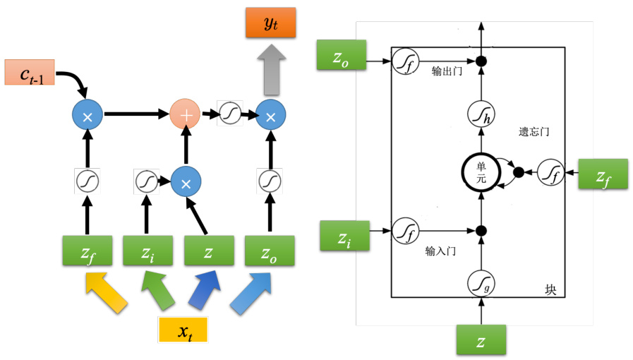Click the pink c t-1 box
pos(29,72)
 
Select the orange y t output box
pos(271,25)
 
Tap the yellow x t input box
pos(182,330)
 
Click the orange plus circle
pos(186,114)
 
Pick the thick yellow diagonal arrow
pos(106,293)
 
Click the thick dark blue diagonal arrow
pos(202,293)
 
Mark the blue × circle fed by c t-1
pos(88,114)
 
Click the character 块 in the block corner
pos(550,290)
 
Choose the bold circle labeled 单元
pos(481,172)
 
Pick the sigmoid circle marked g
pos(481,284)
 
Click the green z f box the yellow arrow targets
pos(87,251)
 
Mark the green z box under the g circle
pos(481,340)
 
